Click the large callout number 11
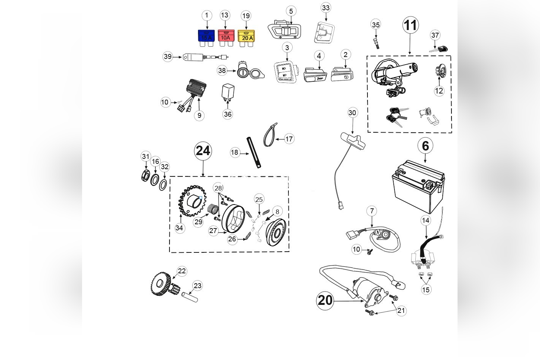tap(410, 25)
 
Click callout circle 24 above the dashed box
tap(203, 151)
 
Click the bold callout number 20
tap(325, 300)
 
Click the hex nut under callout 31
tap(146, 176)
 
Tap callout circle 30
tap(352, 113)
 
